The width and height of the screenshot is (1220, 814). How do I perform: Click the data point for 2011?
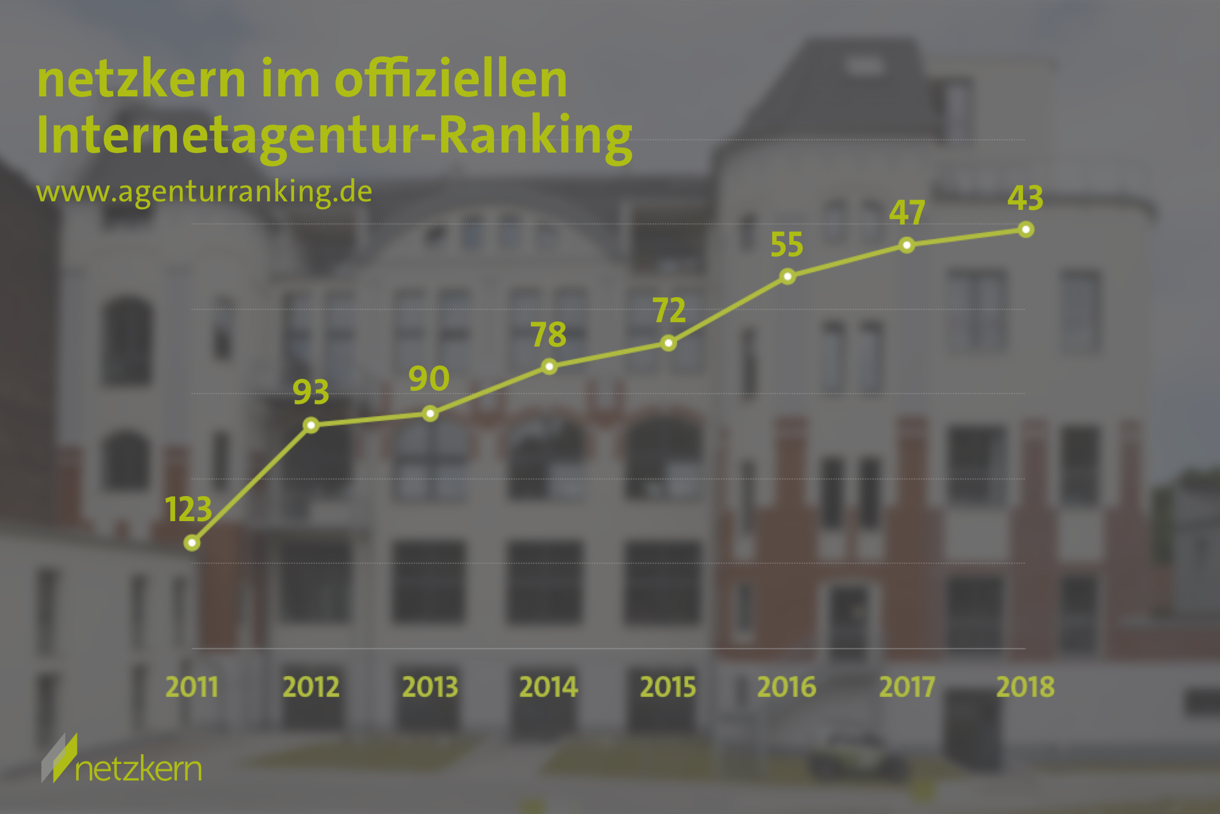[x=192, y=542]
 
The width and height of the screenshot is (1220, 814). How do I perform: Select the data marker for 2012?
[x=311, y=425]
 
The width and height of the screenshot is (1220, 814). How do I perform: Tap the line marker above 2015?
[x=669, y=343]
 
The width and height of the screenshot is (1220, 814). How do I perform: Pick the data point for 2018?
[x=1026, y=229]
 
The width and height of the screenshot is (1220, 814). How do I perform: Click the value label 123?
[x=188, y=509]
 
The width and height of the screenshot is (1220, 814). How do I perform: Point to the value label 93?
[x=311, y=392]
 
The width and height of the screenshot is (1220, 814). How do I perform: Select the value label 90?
[x=429, y=378]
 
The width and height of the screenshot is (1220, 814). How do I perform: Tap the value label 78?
[x=548, y=334]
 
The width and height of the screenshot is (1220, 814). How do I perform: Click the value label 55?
[x=787, y=245]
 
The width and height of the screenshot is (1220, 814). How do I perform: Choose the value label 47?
[x=907, y=212]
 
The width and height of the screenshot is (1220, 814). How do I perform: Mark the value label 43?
[x=1025, y=198]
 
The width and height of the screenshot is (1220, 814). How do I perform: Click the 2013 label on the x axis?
[x=430, y=687]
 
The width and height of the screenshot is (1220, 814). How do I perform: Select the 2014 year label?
[x=548, y=687]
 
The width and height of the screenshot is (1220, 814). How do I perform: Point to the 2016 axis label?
[x=787, y=687]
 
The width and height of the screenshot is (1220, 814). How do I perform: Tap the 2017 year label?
[x=907, y=687]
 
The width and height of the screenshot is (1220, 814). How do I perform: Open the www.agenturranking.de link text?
[x=204, y=192]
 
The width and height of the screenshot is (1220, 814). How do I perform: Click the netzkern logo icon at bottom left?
[x=59, y=757]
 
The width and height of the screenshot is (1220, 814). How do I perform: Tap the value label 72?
[x=669, y=310]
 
